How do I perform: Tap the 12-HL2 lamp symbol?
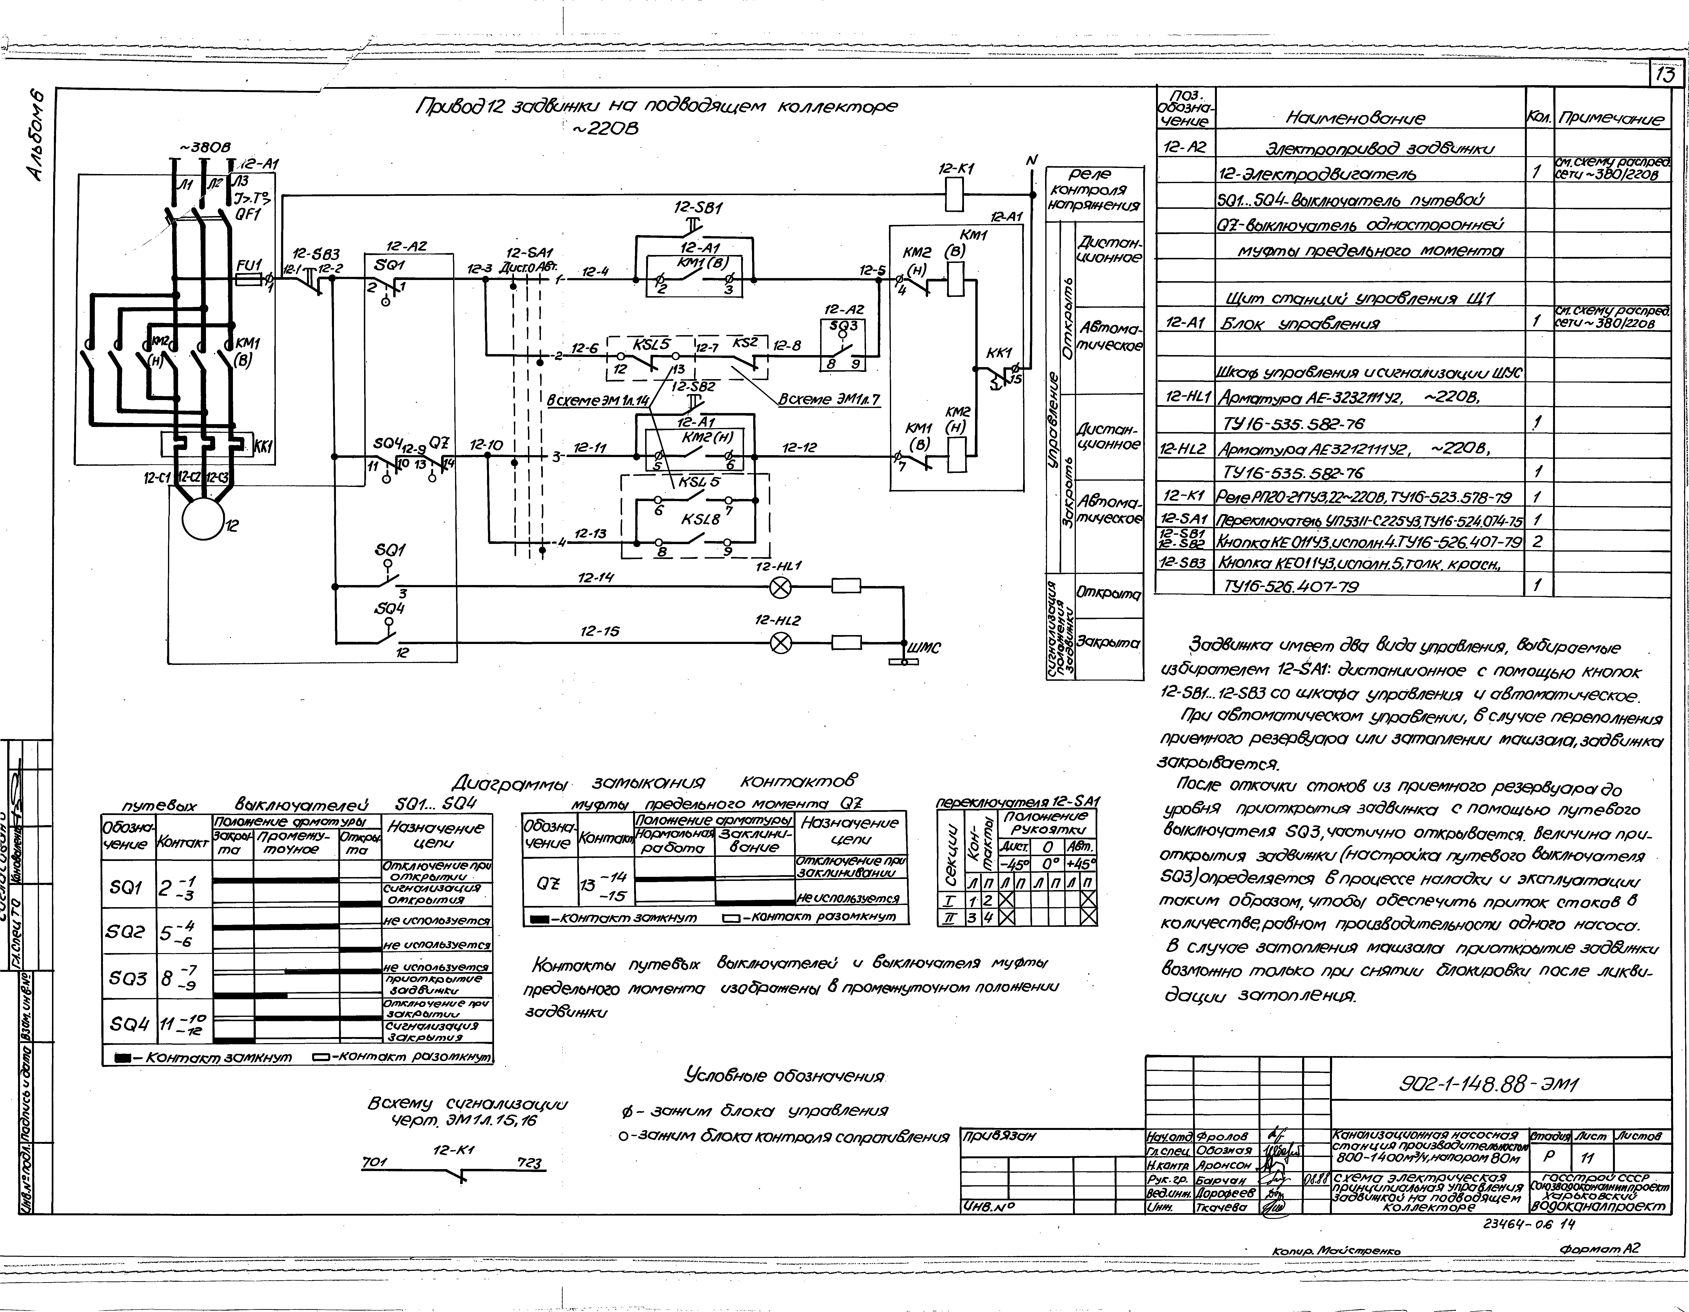(781, 643)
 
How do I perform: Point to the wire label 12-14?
(596, 577)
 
